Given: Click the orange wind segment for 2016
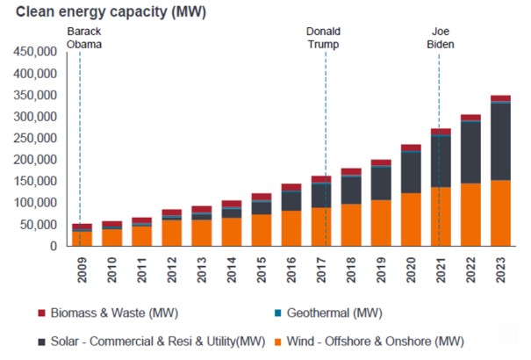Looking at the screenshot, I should pos(291,228).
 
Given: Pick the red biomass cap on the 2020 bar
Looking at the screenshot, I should pos(411,148).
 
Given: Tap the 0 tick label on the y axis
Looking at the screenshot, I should pos(54,247).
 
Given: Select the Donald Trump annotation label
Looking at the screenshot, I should pos(323,39).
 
